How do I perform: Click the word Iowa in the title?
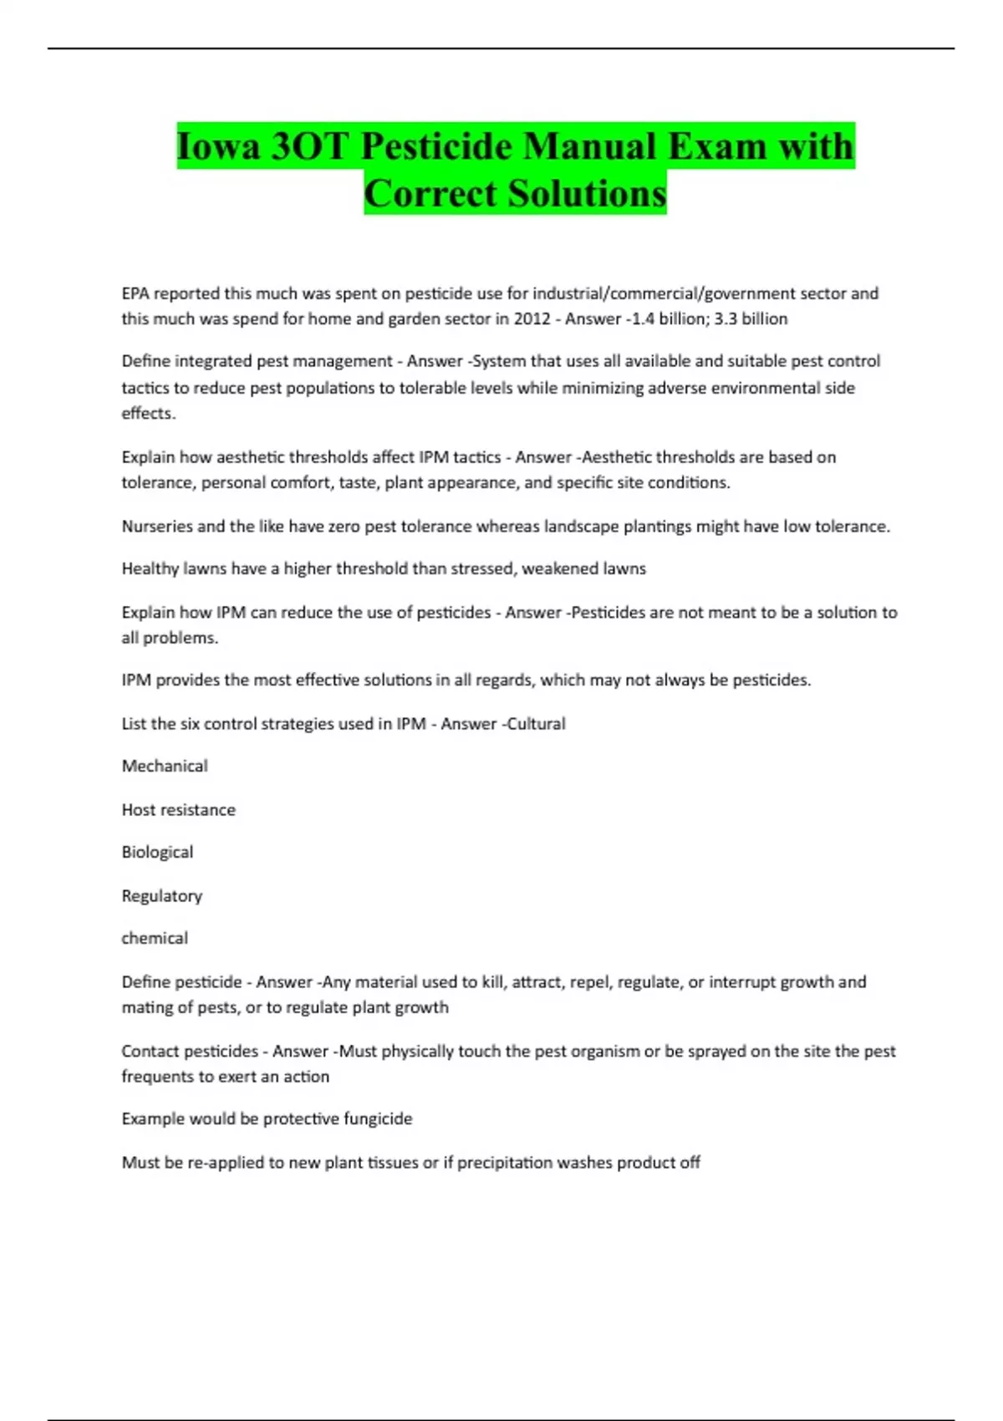[x=218, y=147]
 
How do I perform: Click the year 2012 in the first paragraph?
[x=532, y=318]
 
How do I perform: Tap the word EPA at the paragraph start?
[x=135, y=293]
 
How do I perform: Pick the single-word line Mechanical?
[x=165, y=767]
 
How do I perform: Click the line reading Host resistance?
[x=178, y=810]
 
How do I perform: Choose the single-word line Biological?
[x=157, y=853]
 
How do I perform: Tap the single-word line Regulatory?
[x=162, y=896]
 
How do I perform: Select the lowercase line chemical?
[x=155, y=939]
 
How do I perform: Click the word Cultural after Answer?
[x=536, y=724]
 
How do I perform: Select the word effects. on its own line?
[x=148, y=414]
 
